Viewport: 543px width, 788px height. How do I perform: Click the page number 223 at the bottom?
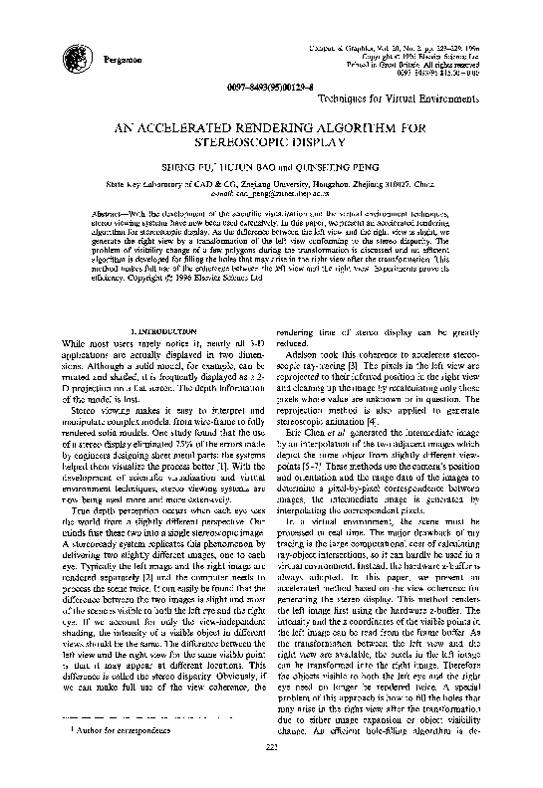click(x=271, y=776)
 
